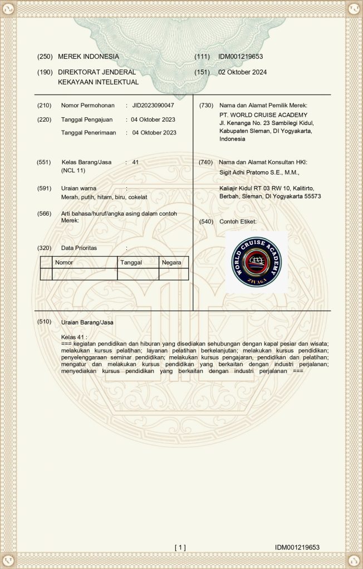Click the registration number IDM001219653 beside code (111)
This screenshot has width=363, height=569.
point(241,57)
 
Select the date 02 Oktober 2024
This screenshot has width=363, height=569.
point(242,72)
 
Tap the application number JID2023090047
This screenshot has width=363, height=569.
point(153,106)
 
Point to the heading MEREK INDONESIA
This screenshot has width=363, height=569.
point(89,57)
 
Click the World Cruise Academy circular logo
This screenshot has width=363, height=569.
point(257,261)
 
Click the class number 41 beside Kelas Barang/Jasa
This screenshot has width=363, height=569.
point(135,162)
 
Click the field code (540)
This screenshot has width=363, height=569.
point(206,222)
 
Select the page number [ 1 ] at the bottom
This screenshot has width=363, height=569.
point(180,547)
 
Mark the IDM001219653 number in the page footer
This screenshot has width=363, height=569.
point(297,547)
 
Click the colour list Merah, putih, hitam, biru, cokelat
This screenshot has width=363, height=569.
point(100,197)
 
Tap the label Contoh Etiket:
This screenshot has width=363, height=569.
point(238,222)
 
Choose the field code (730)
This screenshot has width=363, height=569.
point(206,106)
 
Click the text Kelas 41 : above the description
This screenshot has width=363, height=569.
point(74,337)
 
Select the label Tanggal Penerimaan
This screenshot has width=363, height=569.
point(89,133)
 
